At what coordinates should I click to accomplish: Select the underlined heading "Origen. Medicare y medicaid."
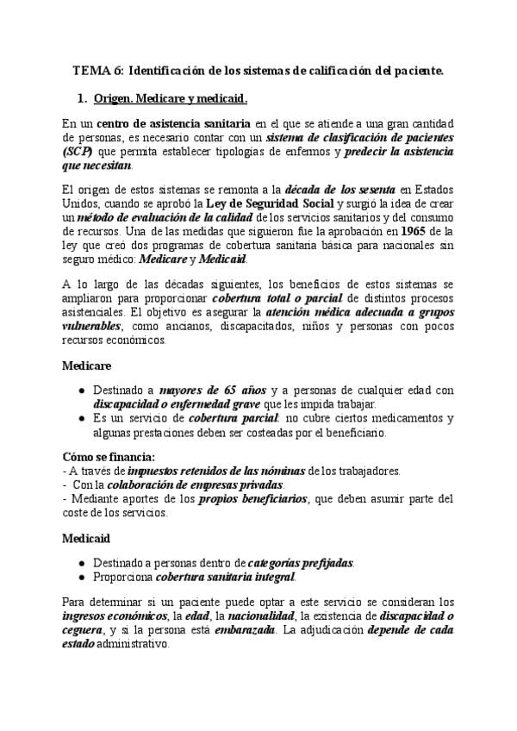coord(170,98)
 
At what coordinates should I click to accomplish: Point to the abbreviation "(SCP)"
coord(78,152)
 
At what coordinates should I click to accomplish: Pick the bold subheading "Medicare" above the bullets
coord(88,365)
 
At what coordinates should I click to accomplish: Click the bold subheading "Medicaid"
coord(87,537)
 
